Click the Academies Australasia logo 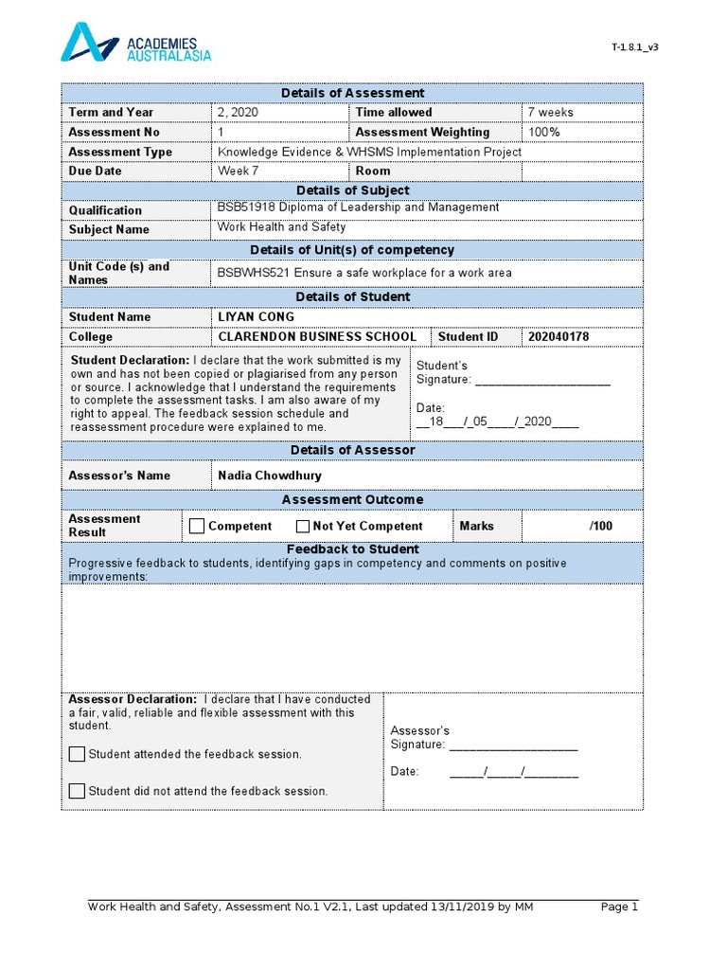tap(135, 45)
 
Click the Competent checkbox tap(197, 527)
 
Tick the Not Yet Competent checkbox tap(303, 527)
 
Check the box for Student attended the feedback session tap(77, 755)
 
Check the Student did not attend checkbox tap(77, 791)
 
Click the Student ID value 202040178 tap(558, 337)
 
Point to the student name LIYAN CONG tap(256, 317)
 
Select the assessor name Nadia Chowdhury tap(270, 476)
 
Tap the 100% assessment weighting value tap(544, 133)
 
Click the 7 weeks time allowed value tap(550, 113)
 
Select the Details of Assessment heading tap(352, 93)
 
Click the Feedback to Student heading tap(352, 549)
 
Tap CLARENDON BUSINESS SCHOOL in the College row tap(317, 337)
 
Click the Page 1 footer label tap(620, 907)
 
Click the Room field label tap(373, 171)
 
